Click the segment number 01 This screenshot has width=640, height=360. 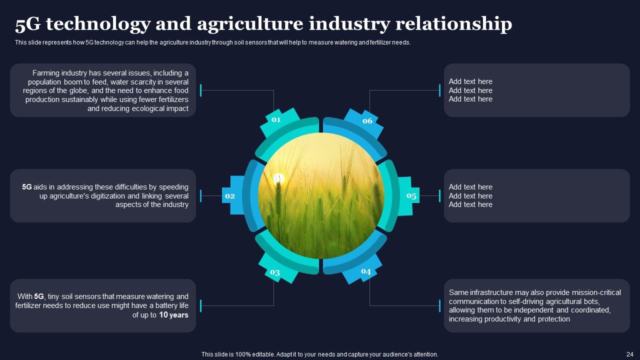[x=276, y=119]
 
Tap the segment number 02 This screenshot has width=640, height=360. [x=230, y=196]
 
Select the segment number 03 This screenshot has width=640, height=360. [x=275, y=272]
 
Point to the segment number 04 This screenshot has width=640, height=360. [x=366, y=271]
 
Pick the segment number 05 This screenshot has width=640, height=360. [x=411, y=195]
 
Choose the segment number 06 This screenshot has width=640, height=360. [x=367, y=121]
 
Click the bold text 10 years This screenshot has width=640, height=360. [x=173, y=315]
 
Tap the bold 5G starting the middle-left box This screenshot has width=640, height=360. [x=27, y=187]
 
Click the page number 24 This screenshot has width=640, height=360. [x=629, y=354]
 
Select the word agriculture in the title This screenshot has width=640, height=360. [x=250, y=24]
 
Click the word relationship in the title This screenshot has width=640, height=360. [x=453, y=24]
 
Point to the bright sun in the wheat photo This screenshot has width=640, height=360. [x=278, y=179]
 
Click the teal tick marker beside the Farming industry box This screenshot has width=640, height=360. [x=201, y=90]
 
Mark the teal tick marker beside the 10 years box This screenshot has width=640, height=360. [x=201, y=305]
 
